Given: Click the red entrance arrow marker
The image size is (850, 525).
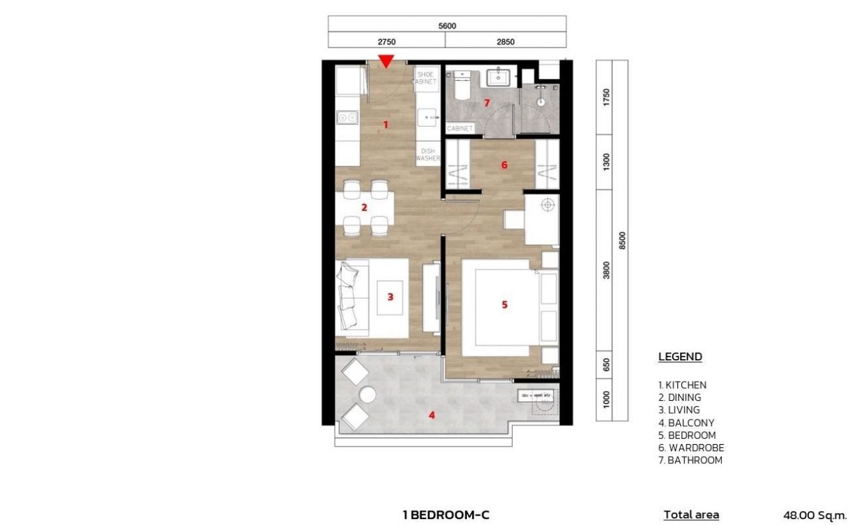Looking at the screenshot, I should pyautogui.click(x=386, y=62).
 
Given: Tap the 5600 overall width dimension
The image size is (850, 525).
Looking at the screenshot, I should pyautogui.click(x=448, y=26).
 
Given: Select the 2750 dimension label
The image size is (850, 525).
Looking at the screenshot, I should pyautogui.click(x=386, y=41).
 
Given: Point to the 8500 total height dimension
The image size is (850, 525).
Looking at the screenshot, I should pyautogui.click(x=622, y=240).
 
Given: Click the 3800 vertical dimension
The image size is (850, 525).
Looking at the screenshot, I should pyautogui.click(x=606, y=270).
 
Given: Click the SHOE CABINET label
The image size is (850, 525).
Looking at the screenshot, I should pyautogui.click(x=426, y=78).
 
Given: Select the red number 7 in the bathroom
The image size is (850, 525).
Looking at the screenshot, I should pyautogui.click(x=487, y=103).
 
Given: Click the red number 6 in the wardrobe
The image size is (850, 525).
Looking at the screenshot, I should pyautogui.click(x=504, y=165).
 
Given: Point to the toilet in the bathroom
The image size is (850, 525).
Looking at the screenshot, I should pyautogui.click(x=462, y=88).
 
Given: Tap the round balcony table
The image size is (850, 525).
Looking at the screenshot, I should pyautogui.click(x=367, y=395).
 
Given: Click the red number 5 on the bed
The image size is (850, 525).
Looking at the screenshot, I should pyautogui.click(x=505, y=305).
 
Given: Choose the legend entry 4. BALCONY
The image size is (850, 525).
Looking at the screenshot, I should pyautogui.click(x=686, y=423).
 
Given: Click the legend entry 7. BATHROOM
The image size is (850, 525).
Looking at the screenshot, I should pyautogui.click(x=690, y=460).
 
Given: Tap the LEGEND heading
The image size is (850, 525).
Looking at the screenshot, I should pyautogui.click(x=680, y=357).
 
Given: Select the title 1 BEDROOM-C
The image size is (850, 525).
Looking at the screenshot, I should pyautogui.click(x=446, y=514).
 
